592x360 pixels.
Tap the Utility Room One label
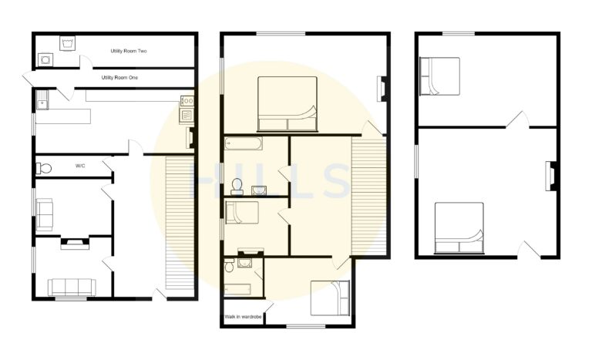[119, 77]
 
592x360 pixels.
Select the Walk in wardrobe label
[243, 317]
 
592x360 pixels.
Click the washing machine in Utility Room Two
[69, 42]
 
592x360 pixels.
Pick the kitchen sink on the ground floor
[42, 97]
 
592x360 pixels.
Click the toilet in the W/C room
[44, 168]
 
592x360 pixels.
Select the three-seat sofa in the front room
[72, 287]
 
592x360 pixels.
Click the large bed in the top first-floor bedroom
[287, 104]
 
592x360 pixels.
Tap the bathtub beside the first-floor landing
[244, 143]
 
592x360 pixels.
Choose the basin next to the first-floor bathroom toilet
[259, 189]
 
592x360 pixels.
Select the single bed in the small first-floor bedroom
[242, 212]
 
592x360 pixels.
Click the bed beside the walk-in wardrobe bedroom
[331, 298]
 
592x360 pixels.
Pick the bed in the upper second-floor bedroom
[439, 76]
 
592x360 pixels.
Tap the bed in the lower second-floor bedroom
[459, 228]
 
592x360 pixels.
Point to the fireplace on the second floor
[551, 175]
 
